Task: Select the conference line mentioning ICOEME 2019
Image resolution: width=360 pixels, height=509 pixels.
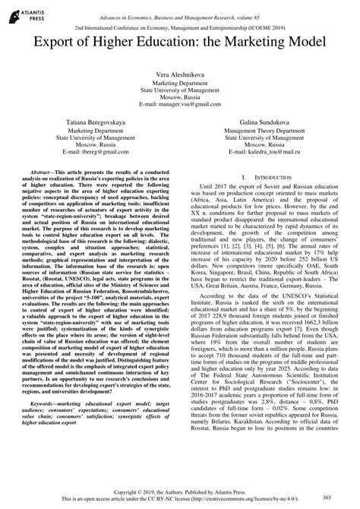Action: [x=179, y=24]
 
